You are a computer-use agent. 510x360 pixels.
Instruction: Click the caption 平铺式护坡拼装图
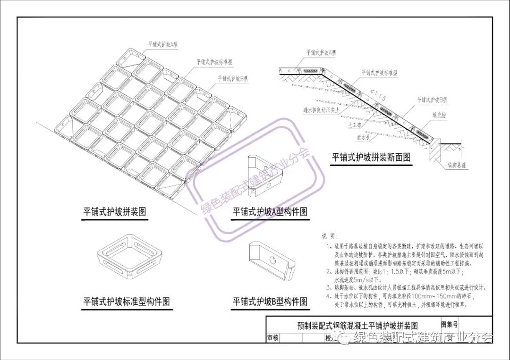coord(115,212)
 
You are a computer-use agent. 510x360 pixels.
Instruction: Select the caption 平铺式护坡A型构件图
coord(270,212)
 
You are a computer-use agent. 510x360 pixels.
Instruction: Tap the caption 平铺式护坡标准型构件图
coord(127,301)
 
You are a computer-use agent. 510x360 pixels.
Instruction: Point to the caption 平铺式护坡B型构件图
coord(270,301)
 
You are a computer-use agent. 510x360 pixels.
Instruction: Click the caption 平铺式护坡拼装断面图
coord(371,158)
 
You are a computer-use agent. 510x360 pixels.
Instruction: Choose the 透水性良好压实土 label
coord(323,110)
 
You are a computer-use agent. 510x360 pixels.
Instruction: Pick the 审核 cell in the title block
coord(273,338)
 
